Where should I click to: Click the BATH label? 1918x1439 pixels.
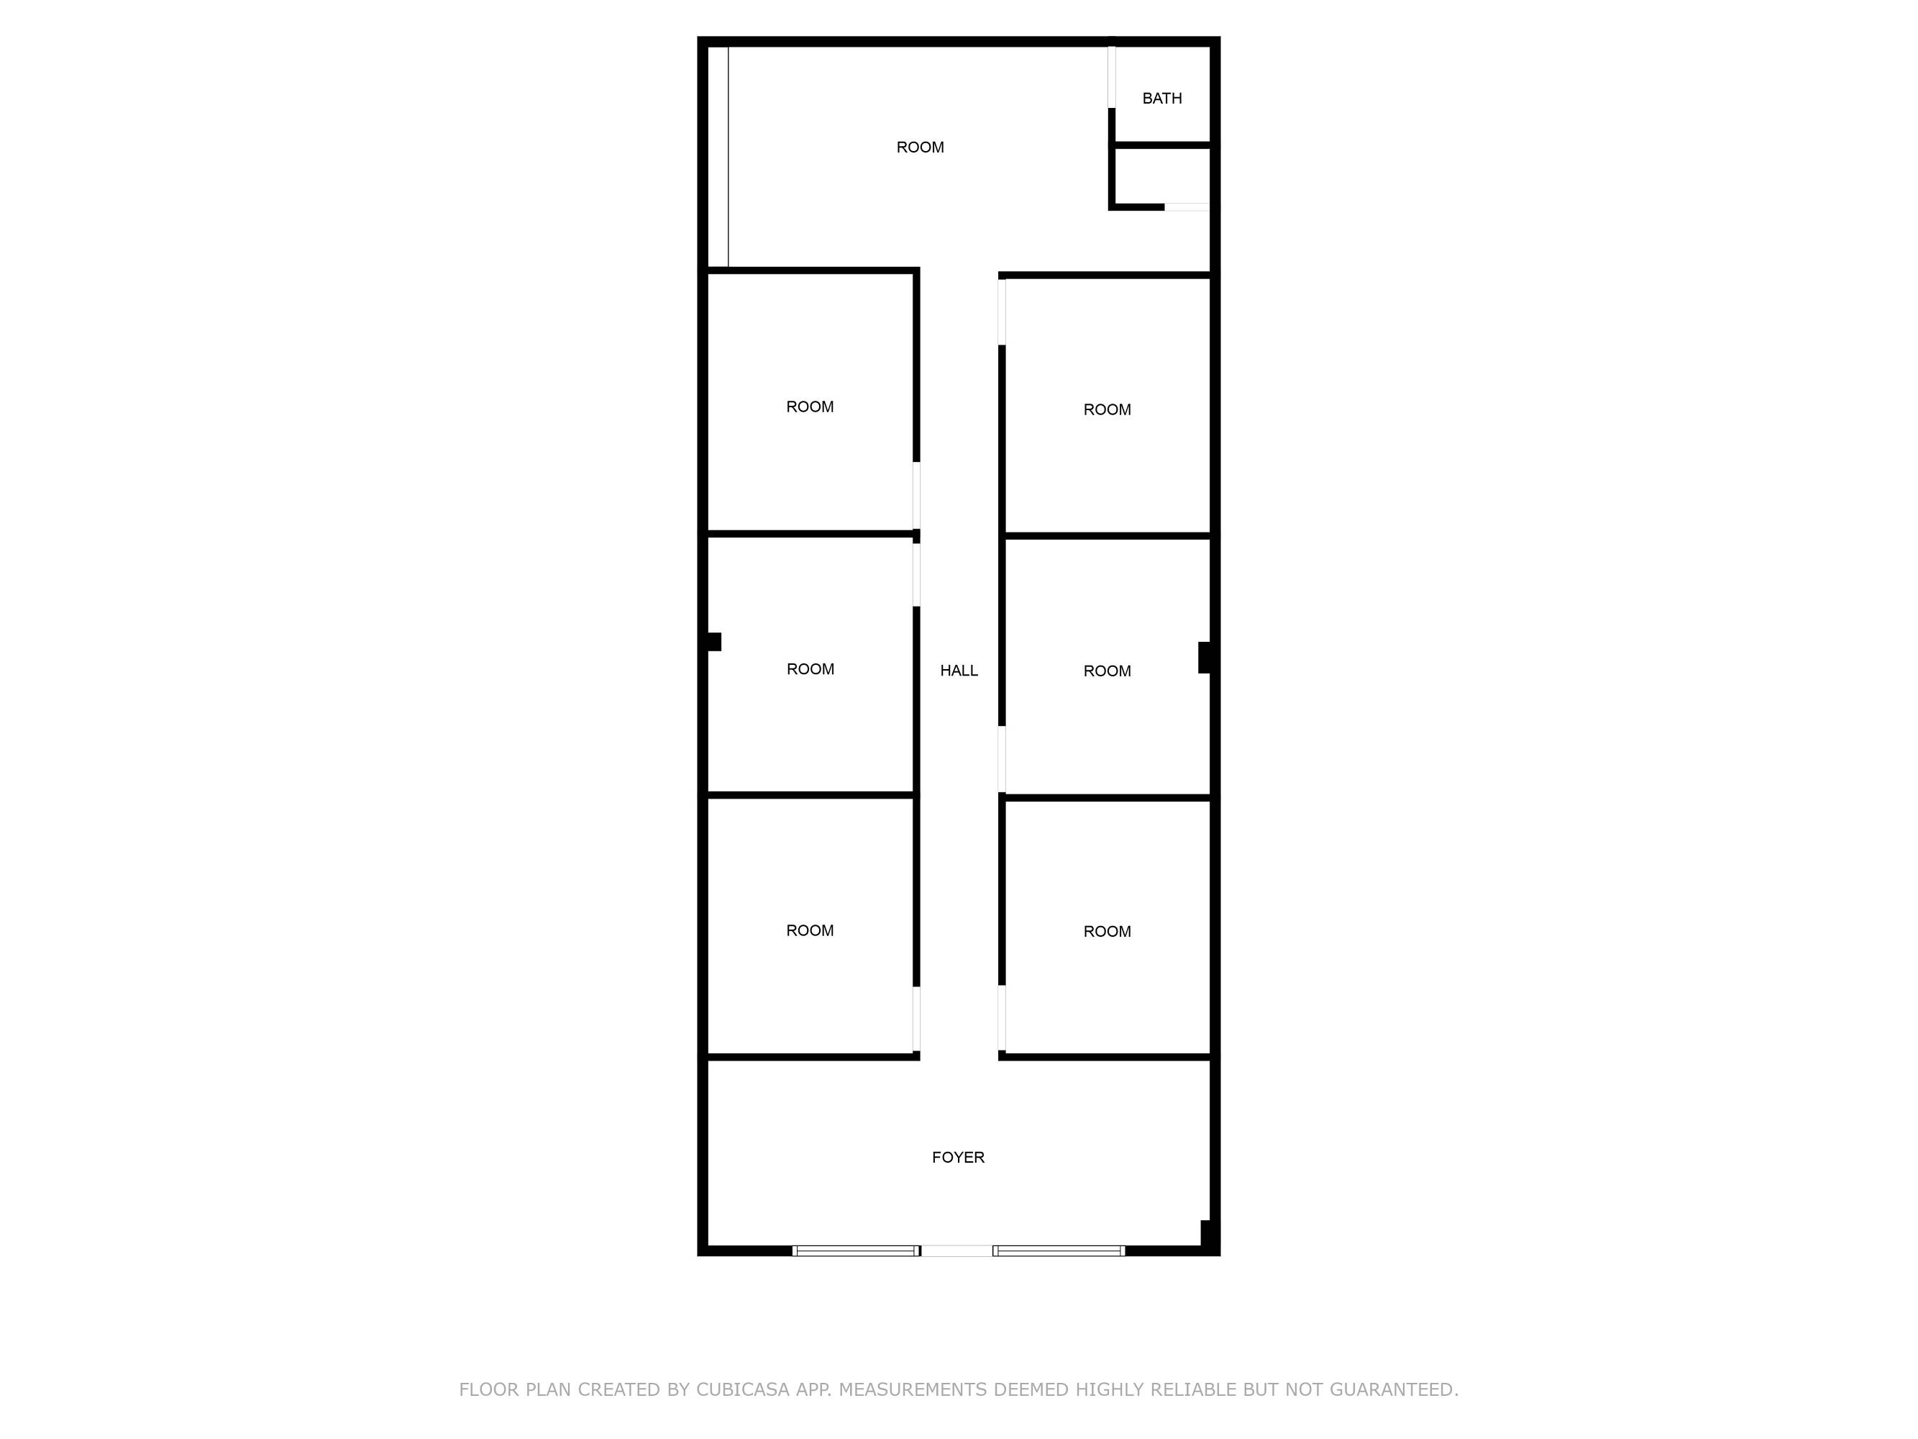[1162, 99]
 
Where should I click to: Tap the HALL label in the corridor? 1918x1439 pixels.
[959, 671]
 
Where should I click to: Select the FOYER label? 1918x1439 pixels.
[958, 1157]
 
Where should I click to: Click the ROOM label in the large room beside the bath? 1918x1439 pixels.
[920, 147]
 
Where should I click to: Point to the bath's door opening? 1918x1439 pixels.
[1112, 77]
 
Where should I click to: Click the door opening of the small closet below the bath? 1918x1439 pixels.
[1187, 207]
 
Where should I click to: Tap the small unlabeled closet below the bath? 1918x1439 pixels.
[1163, 176]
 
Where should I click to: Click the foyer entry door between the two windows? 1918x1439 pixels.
[956, 1250]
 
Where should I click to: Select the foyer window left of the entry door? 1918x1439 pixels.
[856, 1250]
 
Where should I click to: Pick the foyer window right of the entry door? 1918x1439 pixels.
[1059, 1250]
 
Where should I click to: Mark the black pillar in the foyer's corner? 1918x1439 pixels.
[1205, 1233]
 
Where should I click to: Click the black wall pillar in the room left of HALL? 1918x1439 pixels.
[714, 642]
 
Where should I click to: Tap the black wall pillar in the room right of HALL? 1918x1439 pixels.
[1205, 658]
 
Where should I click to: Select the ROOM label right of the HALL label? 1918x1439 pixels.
[1108, 671]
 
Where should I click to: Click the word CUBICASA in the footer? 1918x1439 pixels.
[743, 1389]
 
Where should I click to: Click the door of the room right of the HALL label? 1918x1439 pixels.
[1003, 759]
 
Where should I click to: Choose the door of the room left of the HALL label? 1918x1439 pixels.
[916, 575]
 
